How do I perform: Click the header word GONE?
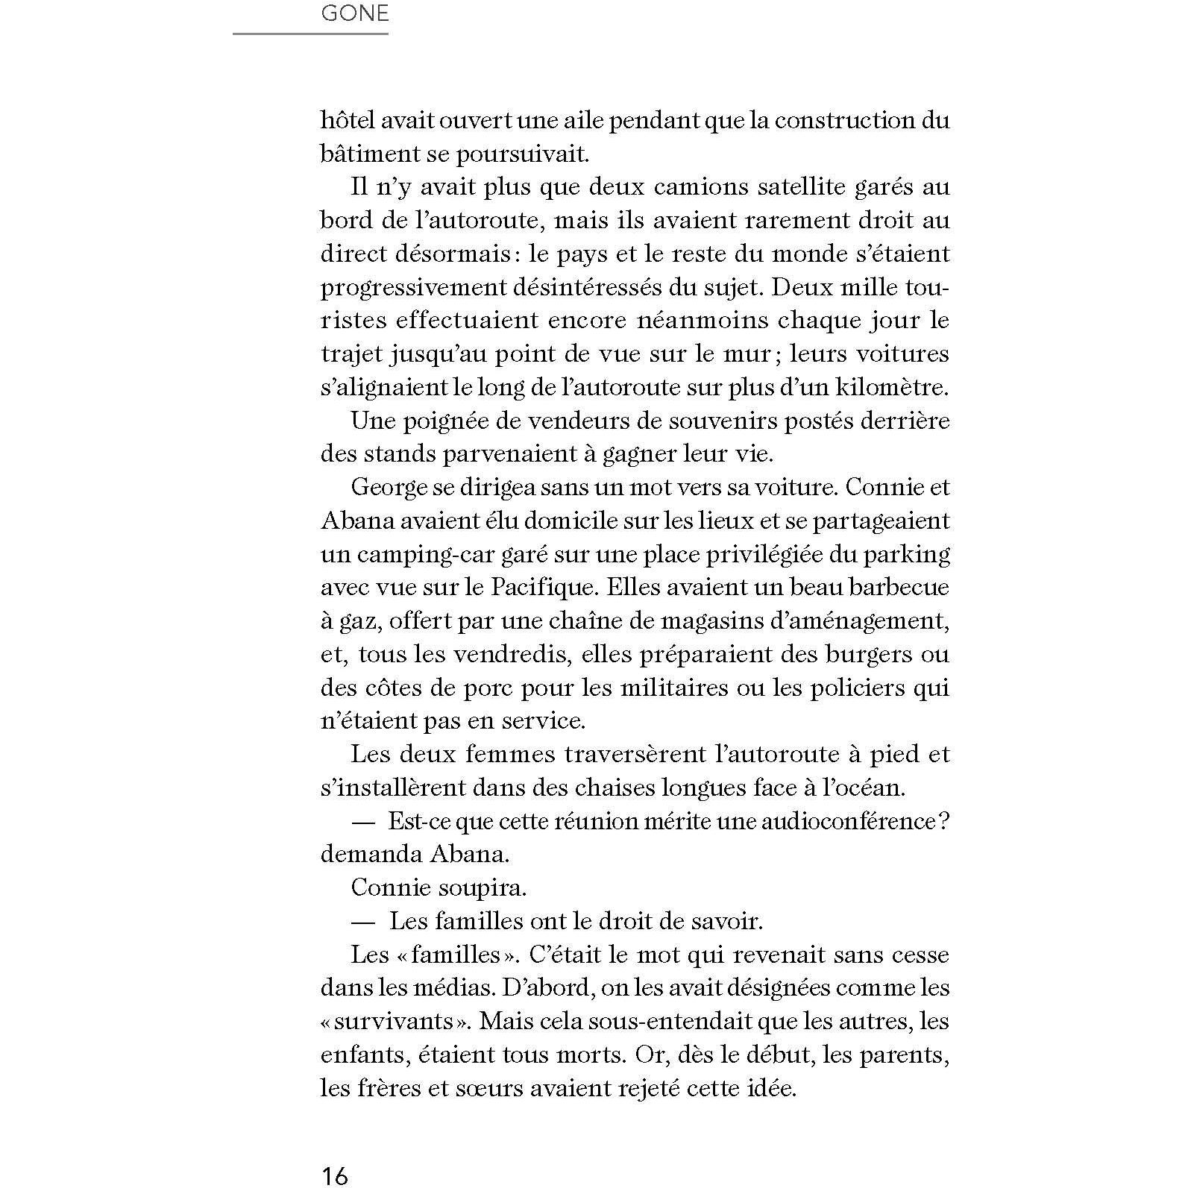coord(354,13)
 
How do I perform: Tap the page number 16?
coord(334,1175)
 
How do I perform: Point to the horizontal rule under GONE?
coord(310,34)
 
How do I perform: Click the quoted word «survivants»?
coord(395,1021)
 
